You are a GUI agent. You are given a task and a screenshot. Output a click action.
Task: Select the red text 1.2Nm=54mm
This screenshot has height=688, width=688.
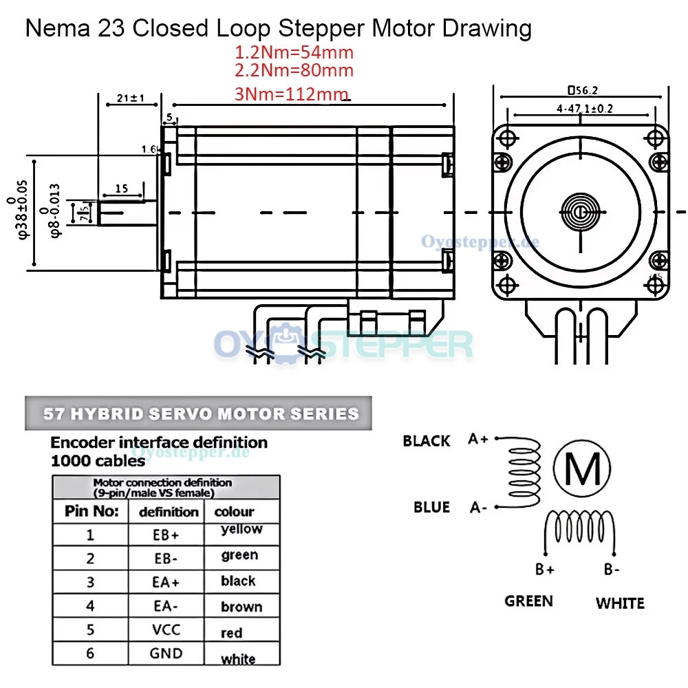point(294,52)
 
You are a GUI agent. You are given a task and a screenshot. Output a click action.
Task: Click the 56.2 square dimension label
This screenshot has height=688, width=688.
point(582,90)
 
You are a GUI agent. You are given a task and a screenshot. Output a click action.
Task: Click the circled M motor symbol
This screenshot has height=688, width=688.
point(582,469)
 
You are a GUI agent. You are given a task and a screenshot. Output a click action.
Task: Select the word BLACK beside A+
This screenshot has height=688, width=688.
point(427,441)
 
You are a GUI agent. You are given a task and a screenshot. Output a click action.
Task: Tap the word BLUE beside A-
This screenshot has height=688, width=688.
point(431,507)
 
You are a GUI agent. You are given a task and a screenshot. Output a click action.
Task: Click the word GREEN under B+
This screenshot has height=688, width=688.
point(528,601)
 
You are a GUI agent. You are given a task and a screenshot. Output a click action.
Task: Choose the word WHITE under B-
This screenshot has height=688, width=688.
point(620,603)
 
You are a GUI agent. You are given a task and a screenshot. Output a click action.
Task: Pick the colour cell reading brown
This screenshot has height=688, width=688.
point(241,607)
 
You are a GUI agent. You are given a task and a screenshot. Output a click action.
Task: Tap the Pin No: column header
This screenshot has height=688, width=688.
point(92,511)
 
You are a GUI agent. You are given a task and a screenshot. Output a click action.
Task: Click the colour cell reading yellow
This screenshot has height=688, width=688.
point(241,529)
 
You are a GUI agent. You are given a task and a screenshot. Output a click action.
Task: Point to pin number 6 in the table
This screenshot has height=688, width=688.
point(90,653)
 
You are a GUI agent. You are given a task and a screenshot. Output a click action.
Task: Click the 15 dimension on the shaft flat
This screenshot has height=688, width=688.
point(122,189)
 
